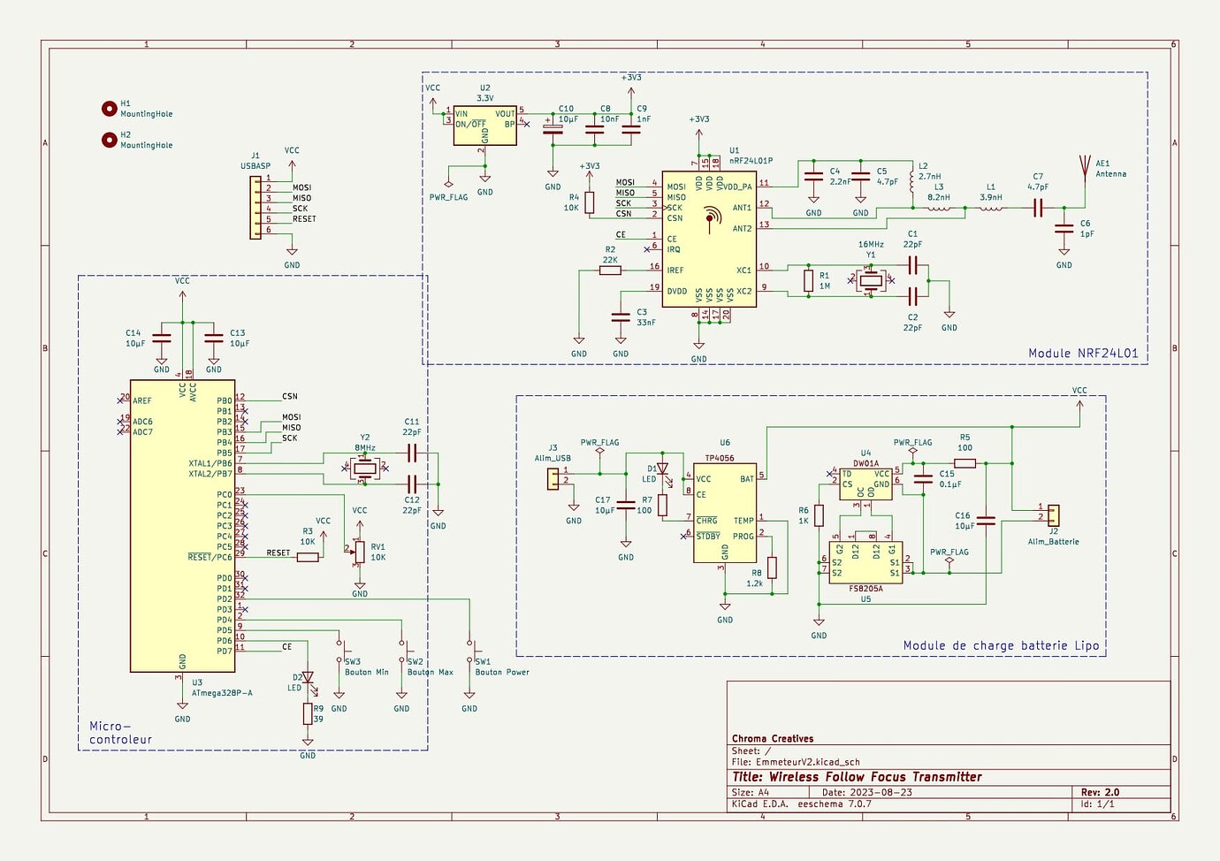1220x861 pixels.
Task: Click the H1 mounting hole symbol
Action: (x=110, y=109)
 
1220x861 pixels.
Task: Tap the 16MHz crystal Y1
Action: (x=872, y=281)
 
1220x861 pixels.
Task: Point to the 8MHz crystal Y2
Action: (x=365, y=469)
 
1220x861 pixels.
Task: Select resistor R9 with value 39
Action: (x=308, y=713)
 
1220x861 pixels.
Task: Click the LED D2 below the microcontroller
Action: (x=308, y=679)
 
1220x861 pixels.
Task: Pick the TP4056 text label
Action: (x=719, y=459)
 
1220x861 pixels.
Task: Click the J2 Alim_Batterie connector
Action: (x=1054, y=514)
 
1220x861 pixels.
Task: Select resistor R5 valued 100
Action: (x=965, y=462)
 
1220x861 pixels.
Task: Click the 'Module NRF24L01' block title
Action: (x=1083, y=354)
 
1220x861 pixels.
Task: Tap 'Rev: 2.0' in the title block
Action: (x=1100, y=792)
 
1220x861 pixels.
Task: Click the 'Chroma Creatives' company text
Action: (x=773, y=739)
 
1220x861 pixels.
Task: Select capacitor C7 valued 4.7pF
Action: (x=1038, y=209)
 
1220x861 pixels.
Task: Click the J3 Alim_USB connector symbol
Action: (x=553, y=479)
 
